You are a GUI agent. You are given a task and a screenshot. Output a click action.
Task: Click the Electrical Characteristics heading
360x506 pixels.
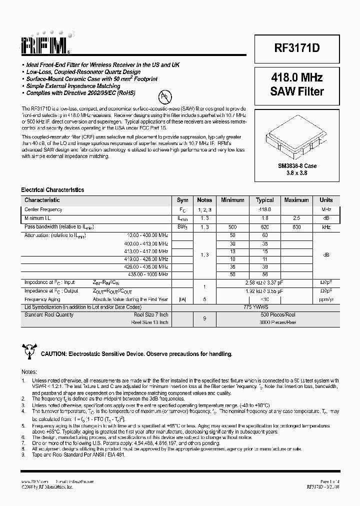[x=52, y=190]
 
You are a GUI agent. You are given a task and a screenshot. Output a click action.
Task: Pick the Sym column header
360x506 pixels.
[x=183, y=200]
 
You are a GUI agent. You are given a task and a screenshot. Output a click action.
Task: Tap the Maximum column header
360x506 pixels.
[x=296, y=200]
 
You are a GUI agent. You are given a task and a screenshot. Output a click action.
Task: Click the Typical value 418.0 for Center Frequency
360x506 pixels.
[x=264, y=209]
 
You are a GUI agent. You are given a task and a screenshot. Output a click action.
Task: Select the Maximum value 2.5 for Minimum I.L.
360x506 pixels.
[x=296, y=218]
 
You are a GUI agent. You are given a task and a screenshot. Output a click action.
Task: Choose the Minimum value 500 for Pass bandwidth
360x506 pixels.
[x=232, y=227]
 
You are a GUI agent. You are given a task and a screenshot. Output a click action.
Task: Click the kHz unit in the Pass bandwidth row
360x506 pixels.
[x=326, y=227]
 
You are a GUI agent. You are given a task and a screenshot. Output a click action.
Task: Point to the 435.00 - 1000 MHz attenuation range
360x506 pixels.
[x=148, y=274]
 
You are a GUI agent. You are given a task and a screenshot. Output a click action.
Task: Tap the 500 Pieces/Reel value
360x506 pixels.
[x=264, y=315]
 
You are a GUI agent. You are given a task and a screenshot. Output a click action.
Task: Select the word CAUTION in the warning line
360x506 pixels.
[x=53, y=354]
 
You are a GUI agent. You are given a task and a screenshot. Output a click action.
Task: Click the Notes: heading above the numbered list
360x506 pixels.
[x=29, y=372]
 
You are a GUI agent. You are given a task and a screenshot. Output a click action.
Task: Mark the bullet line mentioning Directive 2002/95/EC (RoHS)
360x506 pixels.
[x=80, y=93]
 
